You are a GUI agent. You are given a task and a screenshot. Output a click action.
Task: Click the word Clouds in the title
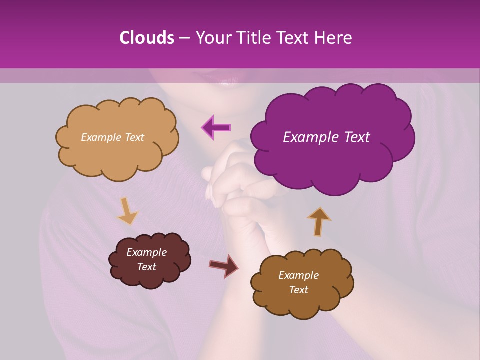coord(146,38)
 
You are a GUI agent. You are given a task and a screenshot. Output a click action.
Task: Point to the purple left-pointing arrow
coord(216,127)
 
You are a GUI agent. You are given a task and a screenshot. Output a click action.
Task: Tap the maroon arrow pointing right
coord(224,265)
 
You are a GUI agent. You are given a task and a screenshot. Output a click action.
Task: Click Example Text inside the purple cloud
coord(326,137)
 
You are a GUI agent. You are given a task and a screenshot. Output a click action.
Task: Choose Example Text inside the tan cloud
coord(112,137)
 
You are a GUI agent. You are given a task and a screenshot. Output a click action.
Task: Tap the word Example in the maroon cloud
coord(146,252)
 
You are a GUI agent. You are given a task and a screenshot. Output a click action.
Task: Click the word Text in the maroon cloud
coord(146,267)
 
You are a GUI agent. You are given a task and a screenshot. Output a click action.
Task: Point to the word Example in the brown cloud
coord(298,275)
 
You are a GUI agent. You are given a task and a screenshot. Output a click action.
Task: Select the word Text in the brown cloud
coord(298,290)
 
